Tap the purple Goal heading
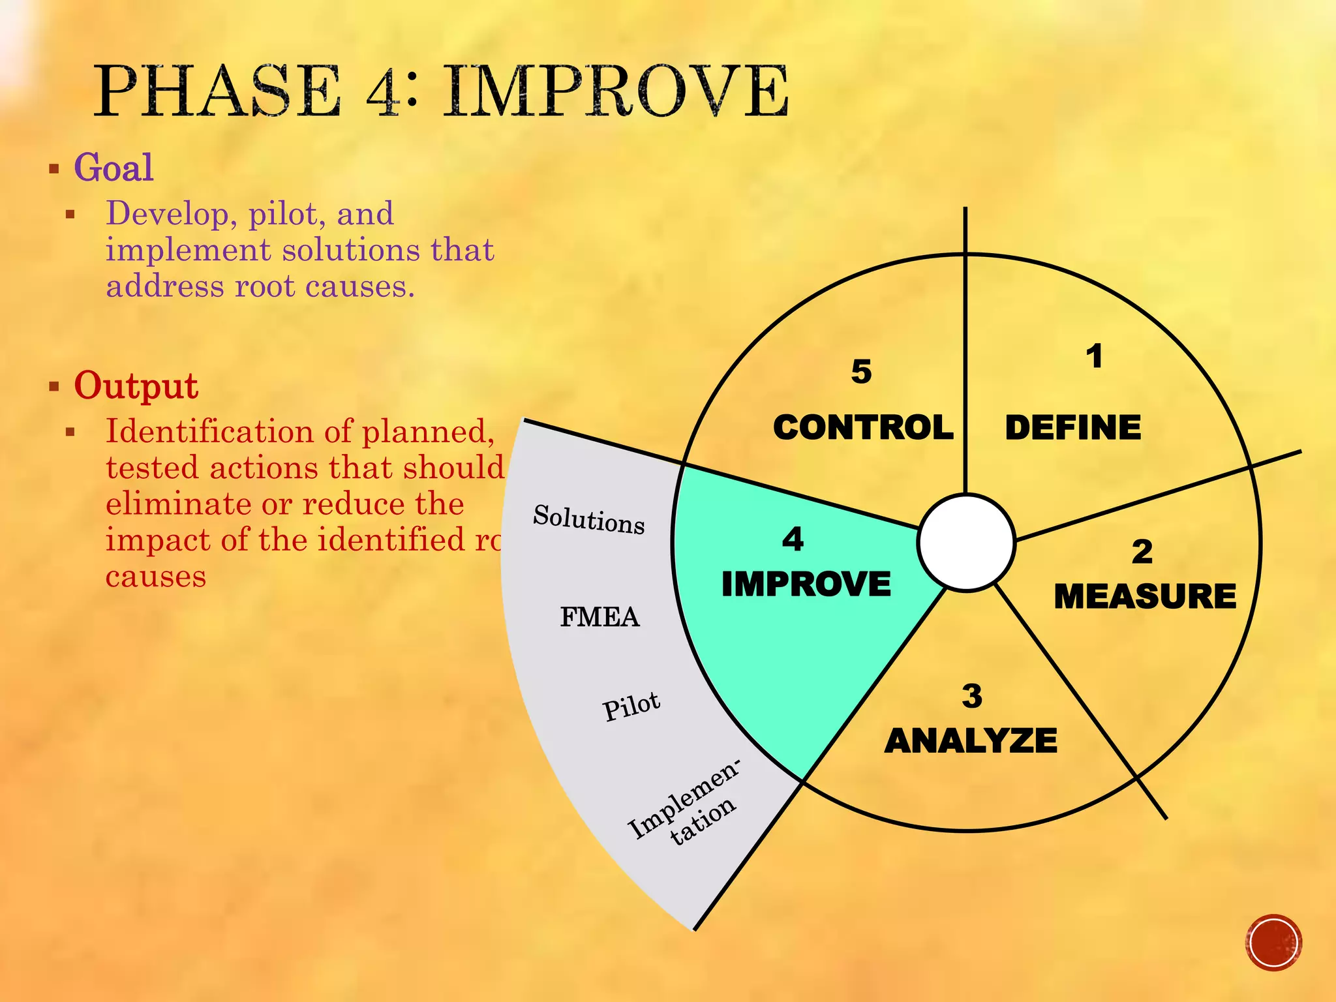coord(114,168)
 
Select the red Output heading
coord(136,386)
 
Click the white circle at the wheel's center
coord(966,543)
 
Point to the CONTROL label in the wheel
coord(863,428)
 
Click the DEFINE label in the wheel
coord(1073,428)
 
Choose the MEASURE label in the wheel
coord(1145,596)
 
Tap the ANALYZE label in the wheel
coord(971,741)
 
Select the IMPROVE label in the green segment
coord(806,584)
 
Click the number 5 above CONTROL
coord(861,372)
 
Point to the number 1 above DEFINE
coord(1094,357)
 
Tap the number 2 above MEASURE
coord(1142,552)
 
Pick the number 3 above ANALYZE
coord(972,696)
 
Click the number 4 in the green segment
coord(793,539)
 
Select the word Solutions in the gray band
coord(589,519)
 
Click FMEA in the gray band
coord(600,617)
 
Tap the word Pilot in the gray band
coord(631,706)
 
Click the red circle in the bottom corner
coord(1273,943)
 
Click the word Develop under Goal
coord(167,214)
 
